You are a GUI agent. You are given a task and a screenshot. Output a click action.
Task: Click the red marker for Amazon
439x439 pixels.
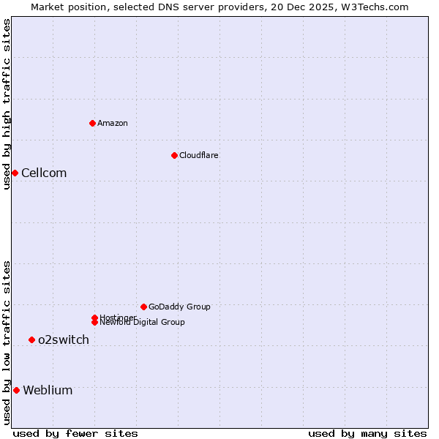(x=92, y=123)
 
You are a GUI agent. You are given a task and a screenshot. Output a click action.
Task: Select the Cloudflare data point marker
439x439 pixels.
(x=174, y=155)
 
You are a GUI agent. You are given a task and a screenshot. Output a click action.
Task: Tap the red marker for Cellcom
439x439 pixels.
(x=15, y=173)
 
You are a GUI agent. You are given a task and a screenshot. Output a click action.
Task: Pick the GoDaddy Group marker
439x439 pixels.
(x=143, y=307)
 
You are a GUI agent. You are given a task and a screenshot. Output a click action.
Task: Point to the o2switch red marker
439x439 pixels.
(x=31, y=339)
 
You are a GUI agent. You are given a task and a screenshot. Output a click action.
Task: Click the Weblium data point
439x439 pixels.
(x=16, y=390)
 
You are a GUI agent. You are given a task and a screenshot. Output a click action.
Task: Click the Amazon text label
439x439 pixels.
(x=113, y=123)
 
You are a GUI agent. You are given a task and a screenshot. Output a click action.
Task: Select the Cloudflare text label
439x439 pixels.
(x=198, y=155)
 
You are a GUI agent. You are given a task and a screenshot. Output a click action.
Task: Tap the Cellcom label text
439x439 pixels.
(x=44, y=173)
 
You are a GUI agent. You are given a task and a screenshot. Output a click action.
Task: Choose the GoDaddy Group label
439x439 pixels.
(x=179, y=307)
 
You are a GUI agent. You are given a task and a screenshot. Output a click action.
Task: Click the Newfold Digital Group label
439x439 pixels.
(x=142, y=322)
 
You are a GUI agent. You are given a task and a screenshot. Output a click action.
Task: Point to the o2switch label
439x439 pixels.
(x=64, y=339)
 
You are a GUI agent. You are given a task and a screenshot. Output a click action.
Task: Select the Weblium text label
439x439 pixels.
(x=48, y=390)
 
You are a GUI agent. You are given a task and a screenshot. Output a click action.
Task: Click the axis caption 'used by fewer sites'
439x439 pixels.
(x=75, y=433)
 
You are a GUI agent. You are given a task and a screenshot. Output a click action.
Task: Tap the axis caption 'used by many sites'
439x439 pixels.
(x=367, y=433)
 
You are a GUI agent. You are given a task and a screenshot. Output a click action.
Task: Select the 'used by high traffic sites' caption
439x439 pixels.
(x=7, y=104)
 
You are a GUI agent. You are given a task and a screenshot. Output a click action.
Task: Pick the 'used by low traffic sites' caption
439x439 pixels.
(x=7, y=342)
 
